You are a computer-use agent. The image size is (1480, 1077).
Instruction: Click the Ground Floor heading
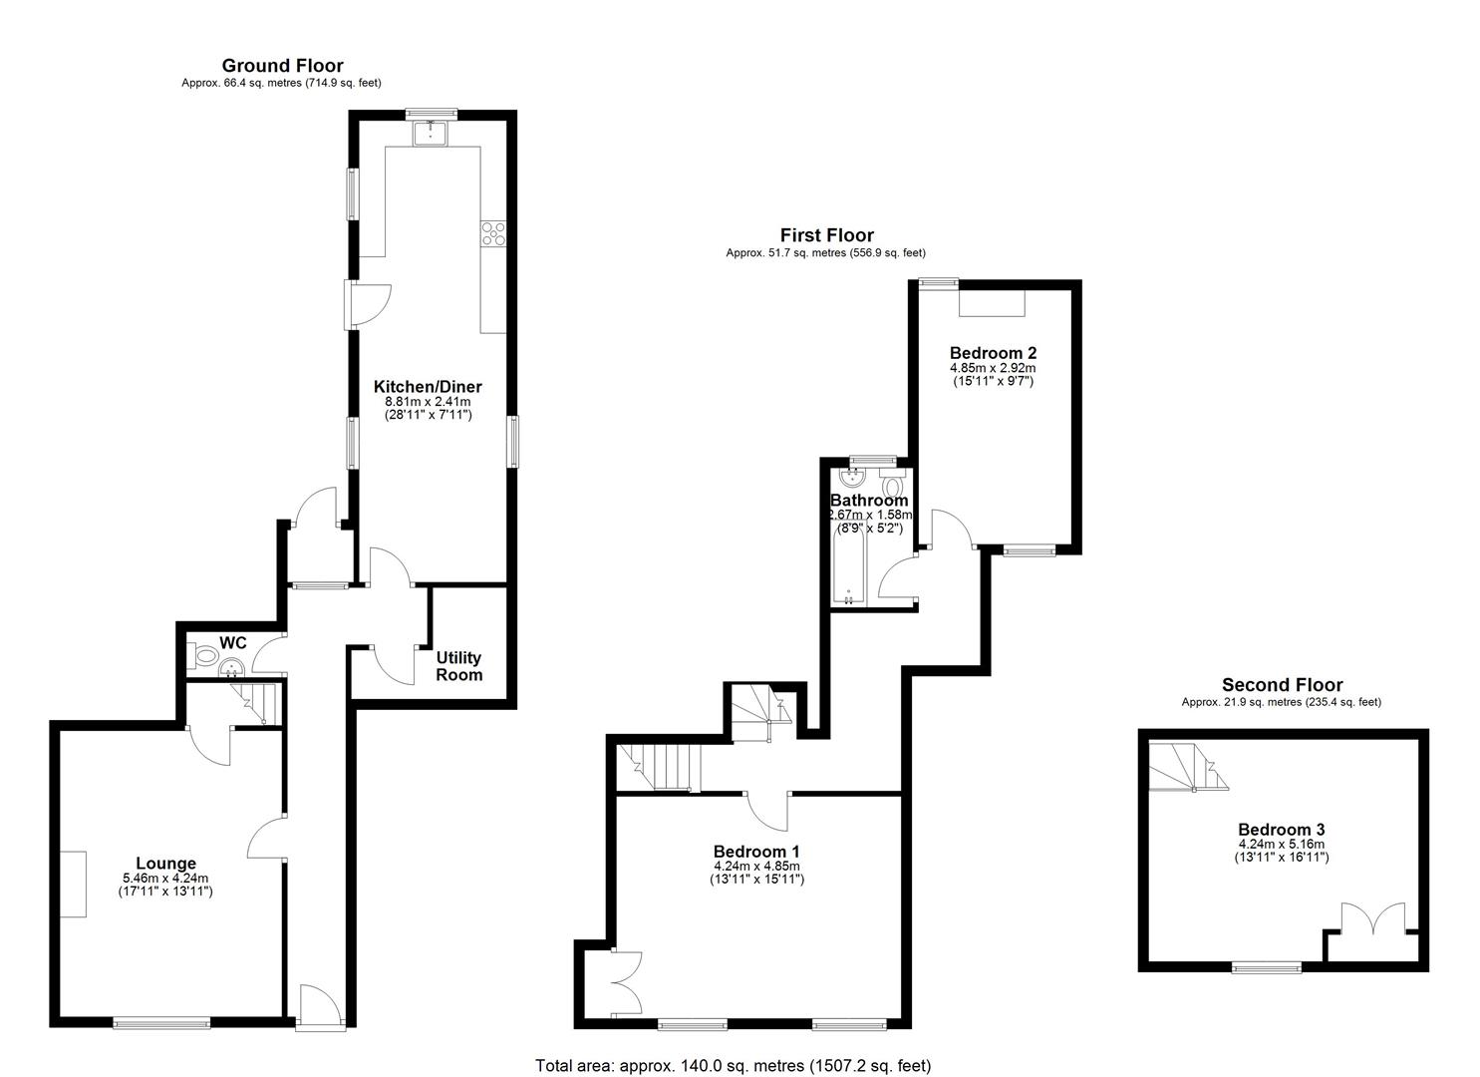282,66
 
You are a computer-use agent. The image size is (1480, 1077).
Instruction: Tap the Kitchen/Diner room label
428,387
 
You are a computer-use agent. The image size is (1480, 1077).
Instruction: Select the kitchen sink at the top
432,132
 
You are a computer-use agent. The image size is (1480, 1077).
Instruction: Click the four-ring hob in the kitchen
493,232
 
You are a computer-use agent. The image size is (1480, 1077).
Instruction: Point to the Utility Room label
458,666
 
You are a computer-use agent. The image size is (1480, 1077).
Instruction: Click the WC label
232,643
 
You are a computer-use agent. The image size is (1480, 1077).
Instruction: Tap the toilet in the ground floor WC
204,656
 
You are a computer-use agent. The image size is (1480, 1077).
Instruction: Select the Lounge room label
165,864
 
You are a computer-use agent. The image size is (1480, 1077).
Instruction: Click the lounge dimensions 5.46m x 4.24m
165,879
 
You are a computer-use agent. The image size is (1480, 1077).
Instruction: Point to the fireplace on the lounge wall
71,885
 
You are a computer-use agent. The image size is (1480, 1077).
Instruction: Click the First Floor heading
826,235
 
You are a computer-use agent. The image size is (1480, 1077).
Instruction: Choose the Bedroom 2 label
993,352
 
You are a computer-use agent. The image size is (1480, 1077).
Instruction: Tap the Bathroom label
869,501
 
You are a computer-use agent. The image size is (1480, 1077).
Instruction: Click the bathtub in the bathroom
848,566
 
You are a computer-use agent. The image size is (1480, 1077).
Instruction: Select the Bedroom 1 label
756,852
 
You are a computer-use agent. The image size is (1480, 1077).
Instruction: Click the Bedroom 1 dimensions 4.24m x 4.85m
756,867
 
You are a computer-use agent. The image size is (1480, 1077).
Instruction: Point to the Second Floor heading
1282,685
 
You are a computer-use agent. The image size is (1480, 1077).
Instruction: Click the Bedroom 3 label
1281,830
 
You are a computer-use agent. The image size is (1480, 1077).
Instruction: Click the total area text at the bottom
733,1065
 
